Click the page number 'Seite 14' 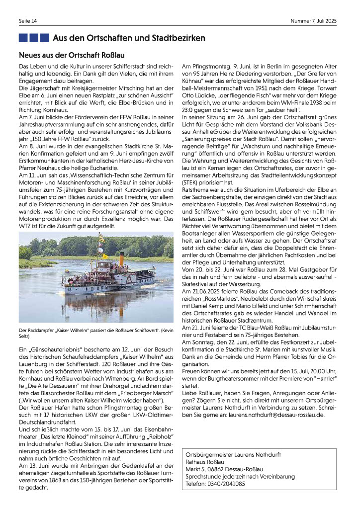click(27, 21)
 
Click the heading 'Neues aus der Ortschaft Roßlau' click(71, 55)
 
